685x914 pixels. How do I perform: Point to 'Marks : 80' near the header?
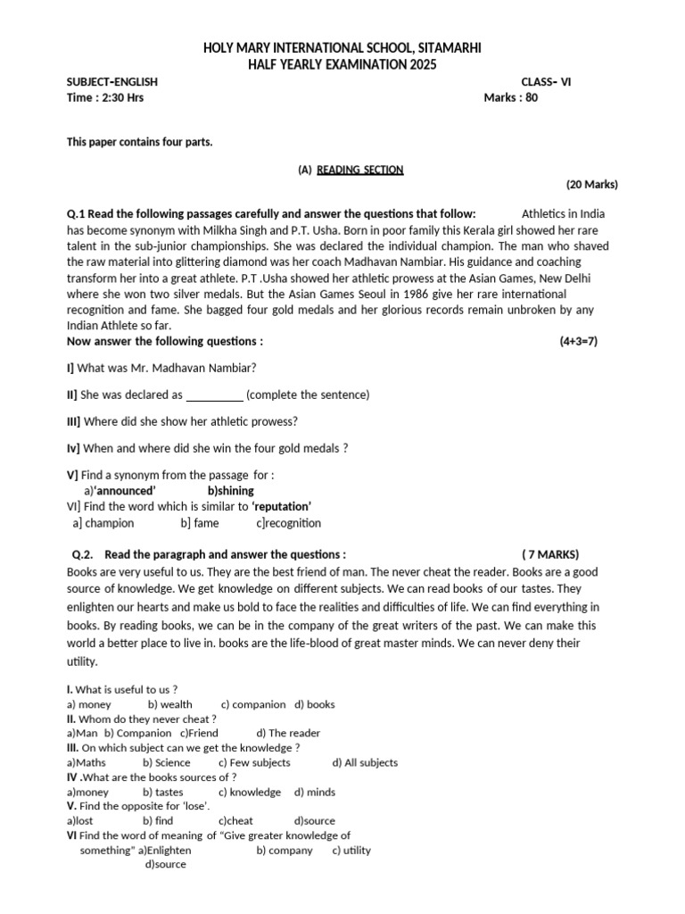click(x=511, y=98)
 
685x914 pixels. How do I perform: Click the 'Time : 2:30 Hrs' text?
click(x=105, y=98)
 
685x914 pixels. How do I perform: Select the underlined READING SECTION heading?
click(x=360, y=170)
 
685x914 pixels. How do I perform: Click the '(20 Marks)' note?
click(x=592, y=185)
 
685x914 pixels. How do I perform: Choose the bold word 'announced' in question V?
click(x=126, y=490)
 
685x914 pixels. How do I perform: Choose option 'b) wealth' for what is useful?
click(x=170, y=704)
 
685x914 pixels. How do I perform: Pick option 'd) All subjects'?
click(x=365, y=762)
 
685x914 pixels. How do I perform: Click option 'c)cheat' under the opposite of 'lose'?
click(x=235, y=820)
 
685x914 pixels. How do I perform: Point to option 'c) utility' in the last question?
click(x=351, y=851)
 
